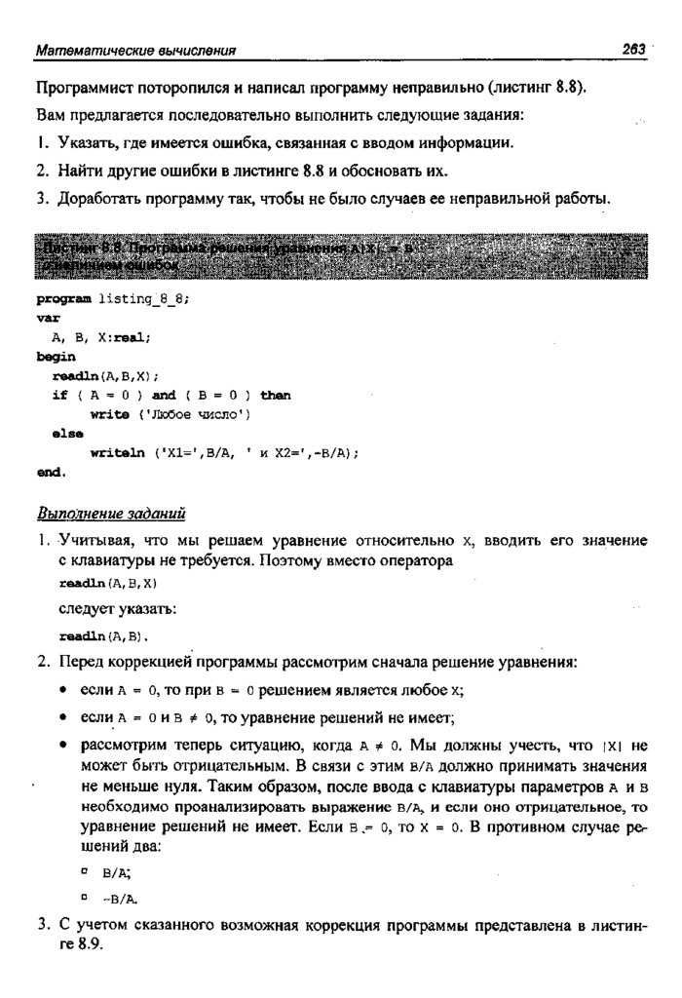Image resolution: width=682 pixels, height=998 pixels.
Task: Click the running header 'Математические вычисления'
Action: tap(135, 50)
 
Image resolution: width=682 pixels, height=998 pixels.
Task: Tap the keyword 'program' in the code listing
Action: tap(64, 300)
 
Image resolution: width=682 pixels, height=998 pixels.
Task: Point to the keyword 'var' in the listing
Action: tap(48, 319)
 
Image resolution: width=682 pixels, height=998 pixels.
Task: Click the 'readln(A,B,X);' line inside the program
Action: tap(105, 376)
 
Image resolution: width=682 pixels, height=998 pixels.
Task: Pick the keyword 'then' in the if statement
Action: tap(276, 395)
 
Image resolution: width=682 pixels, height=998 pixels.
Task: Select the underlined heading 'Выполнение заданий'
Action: tap(111, 513)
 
